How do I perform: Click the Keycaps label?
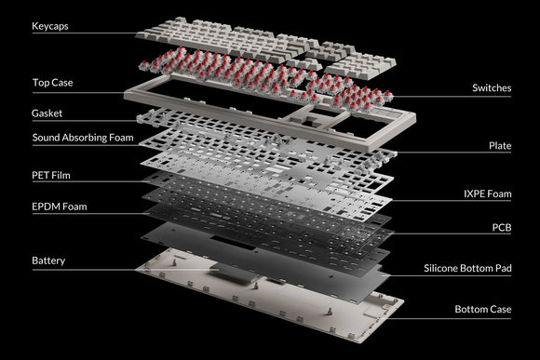coord(50,26)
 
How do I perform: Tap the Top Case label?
coord(53,83)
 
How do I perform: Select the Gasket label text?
coord(47,113)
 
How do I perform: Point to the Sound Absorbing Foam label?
coord(83,138)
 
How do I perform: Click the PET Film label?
coord(51,175)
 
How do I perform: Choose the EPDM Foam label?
coord(60,207)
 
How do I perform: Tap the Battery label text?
coord(48,260)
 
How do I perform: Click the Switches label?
coord(492,87)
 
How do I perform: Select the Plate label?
coord(500,146)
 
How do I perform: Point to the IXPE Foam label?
coord(488,193)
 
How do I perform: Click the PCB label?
coord(502,228)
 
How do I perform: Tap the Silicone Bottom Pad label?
coord(467,268)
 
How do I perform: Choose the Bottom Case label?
coord(483,309)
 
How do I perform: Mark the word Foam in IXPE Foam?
coord(498,193)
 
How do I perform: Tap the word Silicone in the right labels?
coord(440,268)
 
